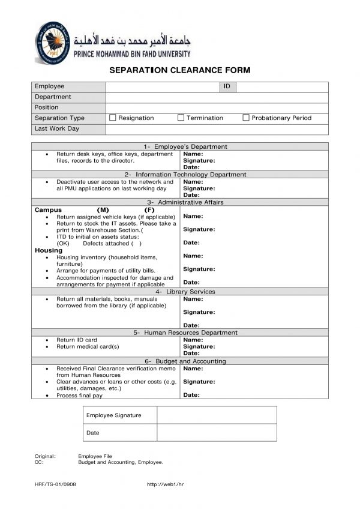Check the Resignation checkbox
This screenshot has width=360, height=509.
[x=112, y=118]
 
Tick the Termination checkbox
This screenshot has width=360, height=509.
[x=181, y=118]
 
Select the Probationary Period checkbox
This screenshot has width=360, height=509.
[x=245, y=118]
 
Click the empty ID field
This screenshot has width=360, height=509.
[x=281, y=87]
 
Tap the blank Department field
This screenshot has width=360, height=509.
[x=217, y=97]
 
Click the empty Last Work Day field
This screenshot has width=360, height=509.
[x=217, y=129]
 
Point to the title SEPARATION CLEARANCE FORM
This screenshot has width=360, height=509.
[x=179, y=70]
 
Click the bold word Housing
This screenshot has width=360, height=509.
[x=48, y=250]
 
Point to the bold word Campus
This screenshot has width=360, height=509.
[x=48, y=210]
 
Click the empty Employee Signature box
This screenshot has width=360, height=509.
[x=216, y=415]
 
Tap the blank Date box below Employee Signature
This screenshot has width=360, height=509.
[x=216, y=433]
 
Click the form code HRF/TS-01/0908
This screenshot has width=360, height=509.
[x=55, y=484]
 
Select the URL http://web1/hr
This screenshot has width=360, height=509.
[x=164, y=484]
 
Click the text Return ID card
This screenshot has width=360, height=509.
[x=76, y=340]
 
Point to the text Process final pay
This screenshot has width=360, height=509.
[x=79, y=396]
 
